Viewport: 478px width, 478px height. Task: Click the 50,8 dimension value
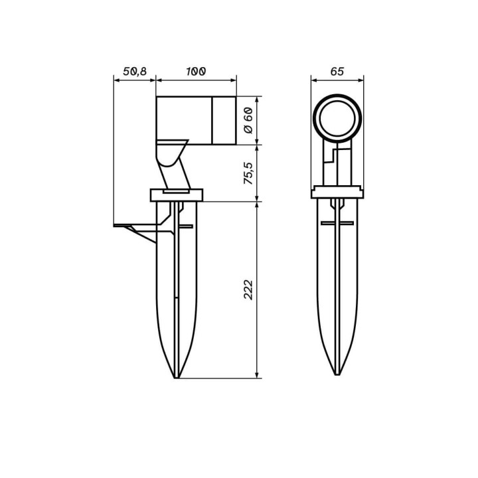coord(135,71)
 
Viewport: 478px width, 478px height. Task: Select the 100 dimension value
coord(196,71)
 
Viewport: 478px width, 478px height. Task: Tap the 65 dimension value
coord(337,71)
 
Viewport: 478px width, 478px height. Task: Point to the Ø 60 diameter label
coord(248,120)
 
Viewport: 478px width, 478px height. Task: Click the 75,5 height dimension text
coord(248,173)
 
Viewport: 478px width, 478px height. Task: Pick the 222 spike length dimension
coord(248,290)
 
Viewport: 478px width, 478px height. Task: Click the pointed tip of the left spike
coord(177,378)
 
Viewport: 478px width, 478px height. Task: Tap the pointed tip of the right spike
coord(337,374)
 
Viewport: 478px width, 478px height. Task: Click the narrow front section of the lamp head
coord(224,120)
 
